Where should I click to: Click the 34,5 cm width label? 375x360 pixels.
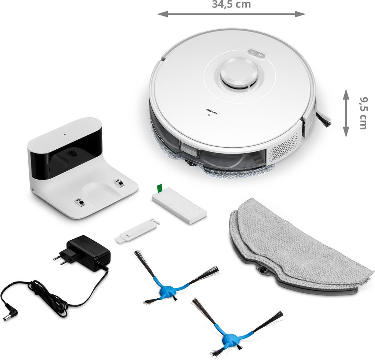point(231,4)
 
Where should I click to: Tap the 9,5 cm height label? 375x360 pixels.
point(363,113)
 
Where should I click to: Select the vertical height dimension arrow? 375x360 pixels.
point(346,113)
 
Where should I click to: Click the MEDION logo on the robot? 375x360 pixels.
point(211,111)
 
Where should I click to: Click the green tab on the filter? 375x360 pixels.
point(159,188)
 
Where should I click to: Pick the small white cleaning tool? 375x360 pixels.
point(137,231)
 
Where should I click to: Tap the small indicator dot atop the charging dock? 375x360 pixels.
point(64,134)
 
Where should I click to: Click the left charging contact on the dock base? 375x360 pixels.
point(79,202)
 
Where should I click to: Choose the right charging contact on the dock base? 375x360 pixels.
point(119,183)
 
